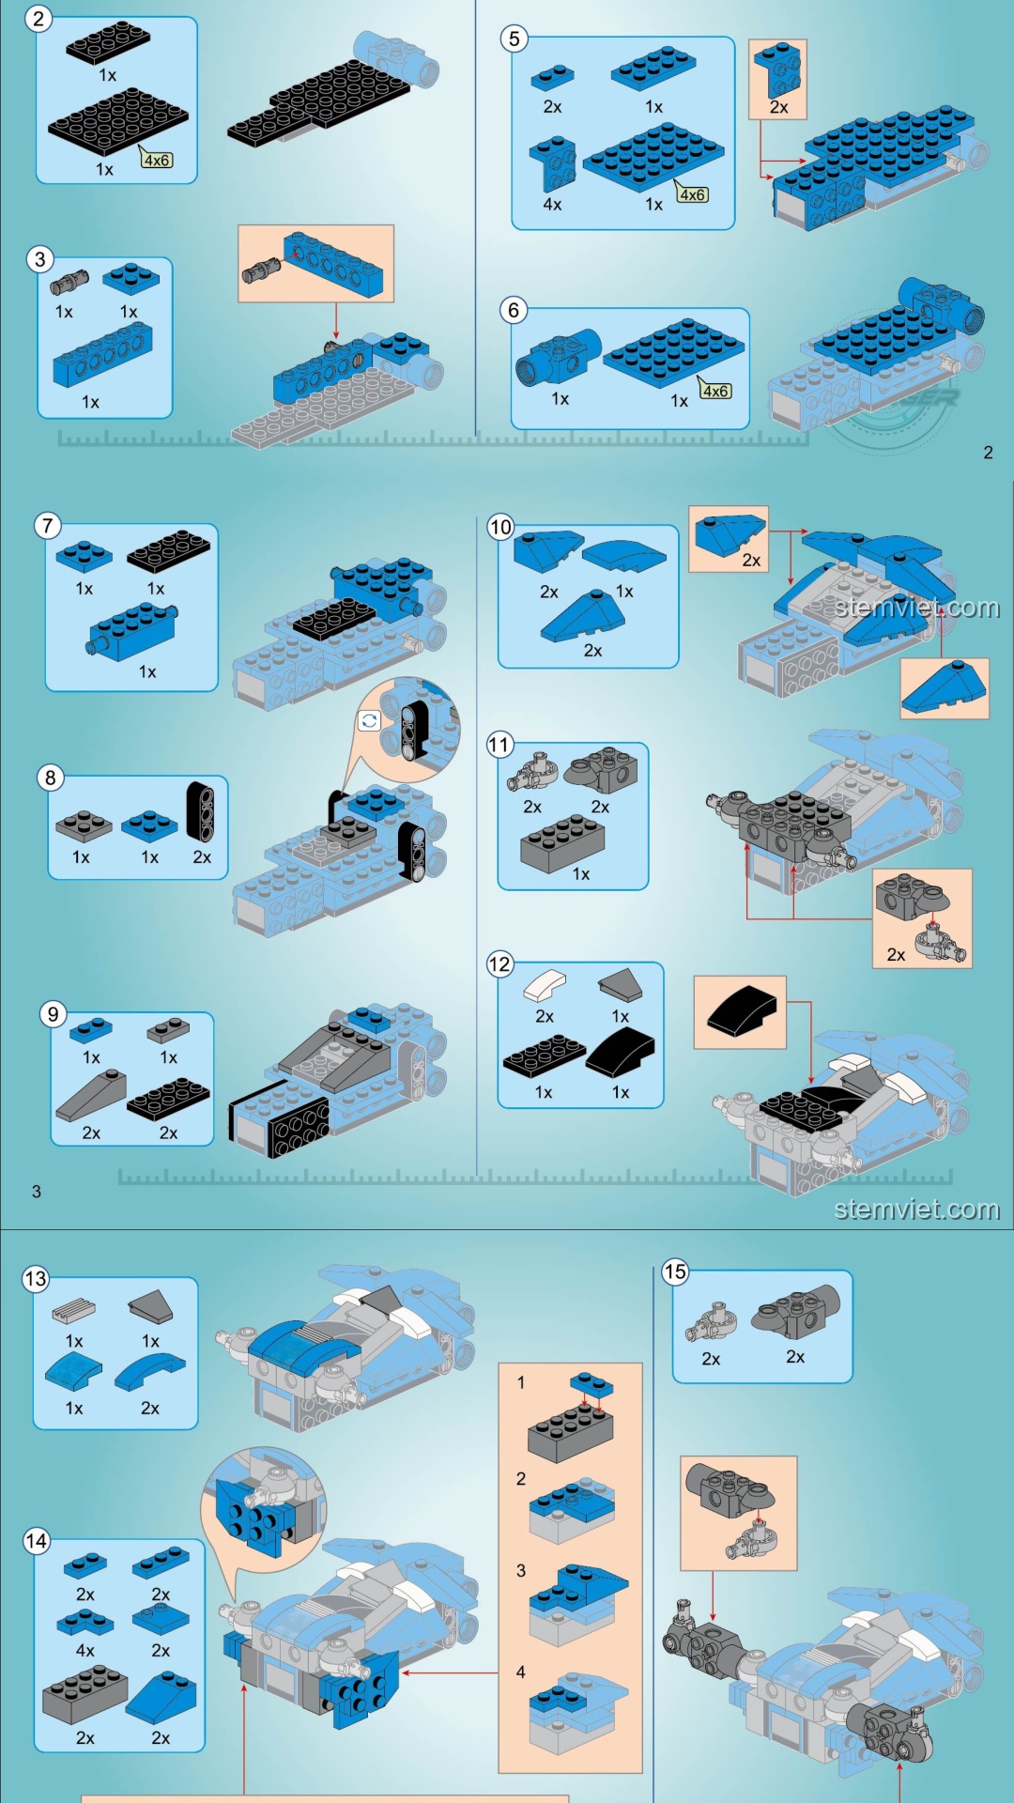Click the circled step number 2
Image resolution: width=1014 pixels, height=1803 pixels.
(38, 19)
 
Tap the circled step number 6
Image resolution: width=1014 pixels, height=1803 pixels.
(514, 310)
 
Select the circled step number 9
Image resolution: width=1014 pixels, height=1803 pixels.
(54, 1014)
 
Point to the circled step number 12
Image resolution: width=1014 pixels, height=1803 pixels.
(499, 964)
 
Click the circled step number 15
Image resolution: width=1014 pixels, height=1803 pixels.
(675, 1272)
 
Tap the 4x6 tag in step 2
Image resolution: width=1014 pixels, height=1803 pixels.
(157, 160)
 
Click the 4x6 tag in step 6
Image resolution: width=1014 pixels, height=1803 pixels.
(715, 391)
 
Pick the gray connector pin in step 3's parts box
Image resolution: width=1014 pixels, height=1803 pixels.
(69, 282)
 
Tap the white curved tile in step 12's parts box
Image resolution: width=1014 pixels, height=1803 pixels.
(545, 986)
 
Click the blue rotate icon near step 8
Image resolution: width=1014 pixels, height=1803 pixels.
(369, 721)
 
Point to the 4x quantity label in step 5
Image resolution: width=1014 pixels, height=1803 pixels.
(552, 204)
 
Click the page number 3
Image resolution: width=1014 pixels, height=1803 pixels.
(37, 1192)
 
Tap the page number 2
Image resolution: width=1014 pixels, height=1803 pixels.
(988, 453)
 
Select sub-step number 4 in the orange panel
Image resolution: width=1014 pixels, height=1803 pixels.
(521, 1672)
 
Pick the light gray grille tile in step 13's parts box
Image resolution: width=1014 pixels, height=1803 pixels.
(74, 1309)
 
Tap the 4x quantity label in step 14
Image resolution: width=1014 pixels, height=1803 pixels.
(84, 1651)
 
